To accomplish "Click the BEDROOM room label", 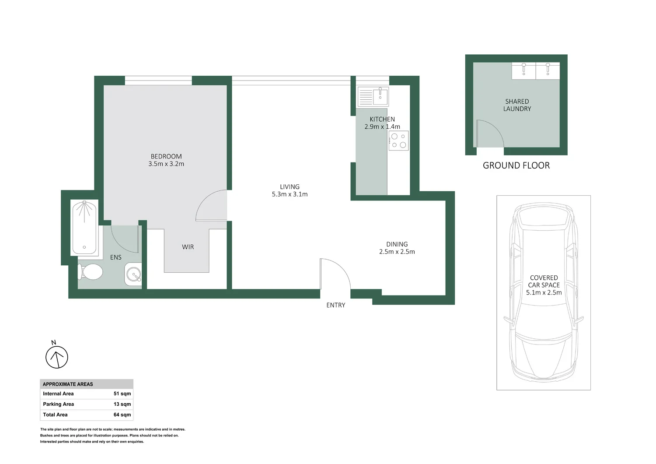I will [166, 156].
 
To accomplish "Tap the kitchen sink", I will [373, 96].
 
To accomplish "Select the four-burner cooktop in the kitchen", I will [398, 141].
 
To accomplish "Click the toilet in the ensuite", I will [91, 272].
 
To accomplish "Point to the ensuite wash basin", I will [133, 275].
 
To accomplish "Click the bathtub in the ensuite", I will [84, 227].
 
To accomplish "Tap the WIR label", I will [188, 247].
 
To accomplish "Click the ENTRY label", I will [335, 305].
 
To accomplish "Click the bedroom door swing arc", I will [211, 205].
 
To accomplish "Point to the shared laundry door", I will [490, 134].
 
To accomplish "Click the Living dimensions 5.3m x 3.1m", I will [290, 194].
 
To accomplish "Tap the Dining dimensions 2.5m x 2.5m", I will [397, 252].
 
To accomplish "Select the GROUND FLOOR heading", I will [516, 165].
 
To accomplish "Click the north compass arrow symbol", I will [57, 356].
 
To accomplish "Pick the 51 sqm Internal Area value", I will [122, 394].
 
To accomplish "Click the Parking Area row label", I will [58, 404].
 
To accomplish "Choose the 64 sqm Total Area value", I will [122, 415].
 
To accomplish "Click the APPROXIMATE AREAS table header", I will [68, 384].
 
